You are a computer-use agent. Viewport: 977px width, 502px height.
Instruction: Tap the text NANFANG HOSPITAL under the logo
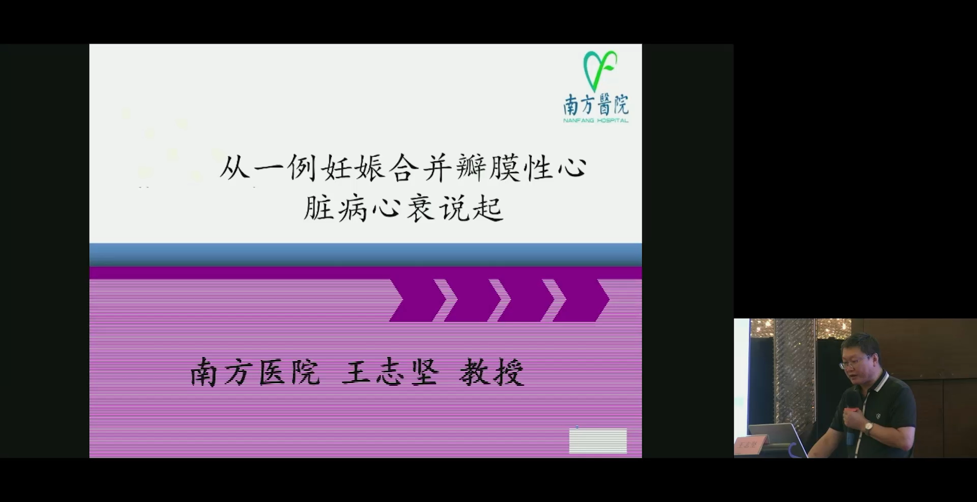596,120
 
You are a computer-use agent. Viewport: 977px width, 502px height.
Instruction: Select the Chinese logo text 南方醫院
596,105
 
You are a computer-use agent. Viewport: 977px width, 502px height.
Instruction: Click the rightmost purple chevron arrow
581,300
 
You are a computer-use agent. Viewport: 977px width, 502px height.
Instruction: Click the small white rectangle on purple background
598,440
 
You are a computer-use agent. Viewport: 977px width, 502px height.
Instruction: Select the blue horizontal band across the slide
366,255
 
